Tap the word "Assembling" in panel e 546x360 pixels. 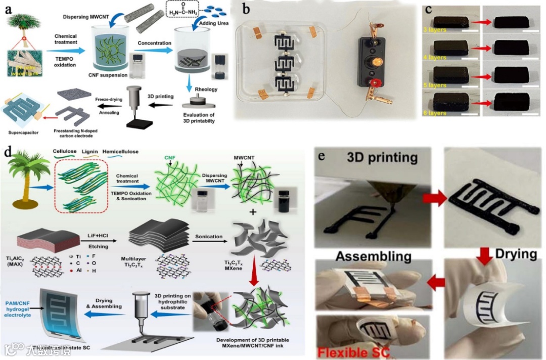coord(374,256)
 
